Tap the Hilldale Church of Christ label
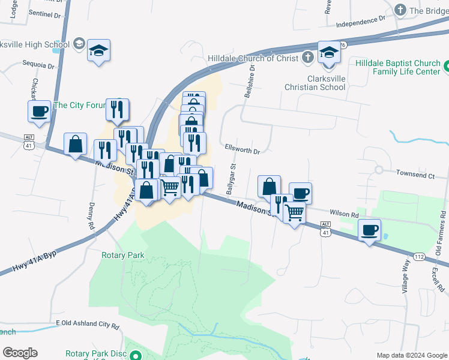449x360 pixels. pos(253,58)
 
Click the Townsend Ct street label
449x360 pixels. pos(415,176)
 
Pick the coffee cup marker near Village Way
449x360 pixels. pos(370,230)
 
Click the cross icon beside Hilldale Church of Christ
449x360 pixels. pos(307,58)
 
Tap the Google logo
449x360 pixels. pos(20,353)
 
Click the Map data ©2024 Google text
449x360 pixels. pos(412,355)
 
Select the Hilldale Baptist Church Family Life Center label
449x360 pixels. pos(397,67)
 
